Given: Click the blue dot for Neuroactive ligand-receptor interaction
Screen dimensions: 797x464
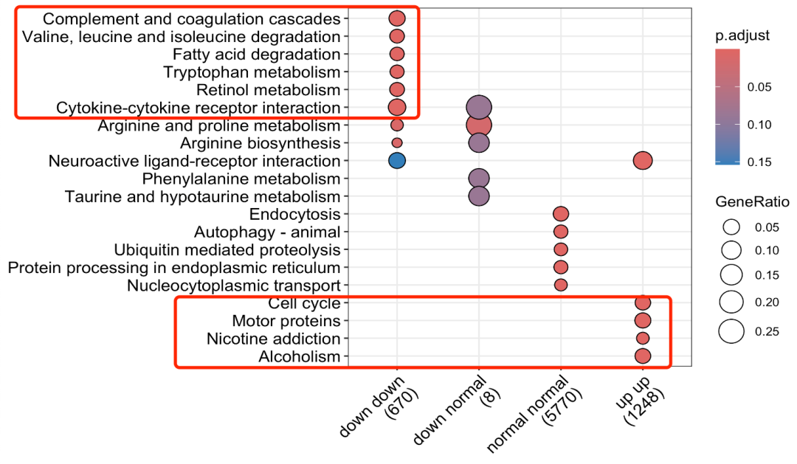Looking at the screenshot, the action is pyautogui.click(x=397, y=161).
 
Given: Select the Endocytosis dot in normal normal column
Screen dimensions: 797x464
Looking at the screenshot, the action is pyautogui.click(x=561, y=214).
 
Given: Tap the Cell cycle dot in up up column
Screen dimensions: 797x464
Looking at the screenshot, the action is pyautogui.click(x=643, y=303).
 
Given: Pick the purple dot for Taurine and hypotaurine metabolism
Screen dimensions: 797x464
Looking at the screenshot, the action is pyautogui.click(x=478, y=196).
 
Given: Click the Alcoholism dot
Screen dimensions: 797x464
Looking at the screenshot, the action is pyautogui.click(x=643, y=356).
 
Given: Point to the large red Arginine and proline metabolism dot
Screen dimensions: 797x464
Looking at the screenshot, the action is pyautogui.click(x=478, y=125).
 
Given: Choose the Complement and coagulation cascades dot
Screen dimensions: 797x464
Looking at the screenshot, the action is pyautogui.click(x=397, y=18).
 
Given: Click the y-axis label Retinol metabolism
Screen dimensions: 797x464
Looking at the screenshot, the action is pyautogui.click(x=269, y=90).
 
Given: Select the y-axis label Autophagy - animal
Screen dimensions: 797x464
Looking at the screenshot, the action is pyautogui.click(x=267, y=232).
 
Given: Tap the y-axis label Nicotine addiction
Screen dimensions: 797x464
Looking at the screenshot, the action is pyautogui.click(x=274, y=339).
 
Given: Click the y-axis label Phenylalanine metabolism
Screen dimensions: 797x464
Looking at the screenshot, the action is pyautogui.click(x=241, y=179).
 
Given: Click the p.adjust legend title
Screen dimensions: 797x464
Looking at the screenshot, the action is pyautogui.click(x=742, y=35).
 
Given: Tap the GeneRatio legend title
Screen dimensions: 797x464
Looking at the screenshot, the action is pyautogui.click(x=752, y=202).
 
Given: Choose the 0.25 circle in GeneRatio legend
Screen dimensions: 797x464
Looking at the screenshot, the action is pyautogui.click(x=731, y=331).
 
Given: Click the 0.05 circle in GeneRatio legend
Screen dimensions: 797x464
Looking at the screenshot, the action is pyautogui.click(x=731, y=227).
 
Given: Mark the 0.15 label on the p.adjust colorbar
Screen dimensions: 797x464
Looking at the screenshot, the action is pyautogui.click(x=759, y=162).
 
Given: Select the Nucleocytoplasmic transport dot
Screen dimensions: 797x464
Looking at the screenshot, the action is pyautogui.click(x=561, y=285).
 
